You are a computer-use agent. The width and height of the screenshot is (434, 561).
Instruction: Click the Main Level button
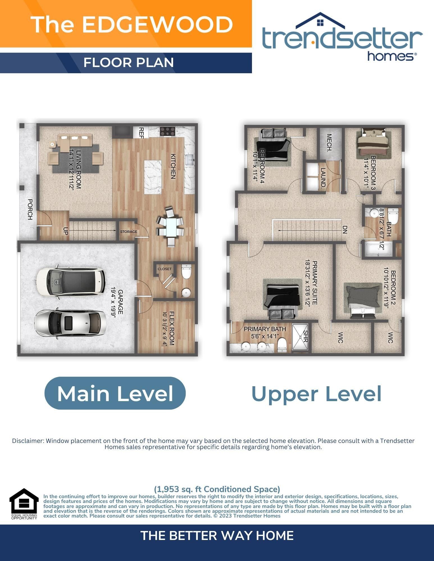pyautogui.click(x=115, y=393)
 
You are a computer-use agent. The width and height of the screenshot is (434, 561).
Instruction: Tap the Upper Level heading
pyautogui.click(x=316, y=394)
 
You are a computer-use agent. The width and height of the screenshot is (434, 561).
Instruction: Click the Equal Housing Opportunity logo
pyautogui.click(x=24, y=504)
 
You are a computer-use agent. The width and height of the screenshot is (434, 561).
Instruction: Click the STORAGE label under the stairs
pyautogui.click(x=129, y=231)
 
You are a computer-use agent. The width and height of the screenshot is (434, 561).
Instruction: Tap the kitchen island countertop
pyautogui.click(x=153, y=177)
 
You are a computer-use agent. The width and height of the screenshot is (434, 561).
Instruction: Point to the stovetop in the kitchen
pyautogui.click(x=167, y=131)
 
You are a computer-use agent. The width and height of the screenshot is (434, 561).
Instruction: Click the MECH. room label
pyautogui.click(x=329, y=142)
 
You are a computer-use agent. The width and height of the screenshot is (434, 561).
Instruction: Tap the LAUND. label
pyautogui.click(x=323, y=178)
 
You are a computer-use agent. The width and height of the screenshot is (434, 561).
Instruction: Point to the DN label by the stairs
pyautogui.click(x=345, y=230)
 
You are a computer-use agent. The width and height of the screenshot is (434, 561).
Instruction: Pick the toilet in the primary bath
pyautogui.click(x=282, y=345)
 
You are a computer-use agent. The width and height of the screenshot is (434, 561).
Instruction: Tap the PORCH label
pyautogui.click(x=30, y=209)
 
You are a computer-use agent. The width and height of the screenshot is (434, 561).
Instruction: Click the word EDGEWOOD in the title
pyautogui.click(x=158, y=24)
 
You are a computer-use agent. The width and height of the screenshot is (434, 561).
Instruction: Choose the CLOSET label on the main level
pyautogui.click(x=165, y=269)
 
